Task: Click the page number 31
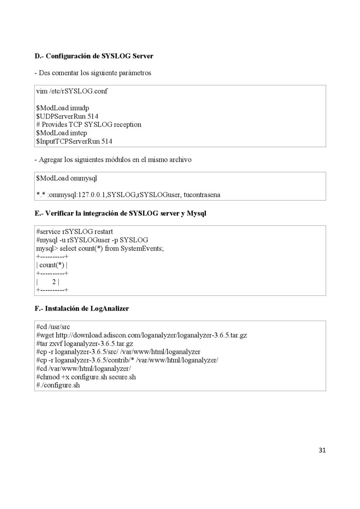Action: tap(322, 450)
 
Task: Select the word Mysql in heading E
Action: tap(197, 213)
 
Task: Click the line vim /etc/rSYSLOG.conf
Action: tap(72, 91)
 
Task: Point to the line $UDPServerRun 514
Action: tap(67, 116)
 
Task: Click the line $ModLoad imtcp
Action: tap(62, 133)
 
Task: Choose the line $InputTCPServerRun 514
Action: tap(74, 141)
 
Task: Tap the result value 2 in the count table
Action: tap(54, 282)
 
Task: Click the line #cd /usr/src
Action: tap(53, 326)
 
